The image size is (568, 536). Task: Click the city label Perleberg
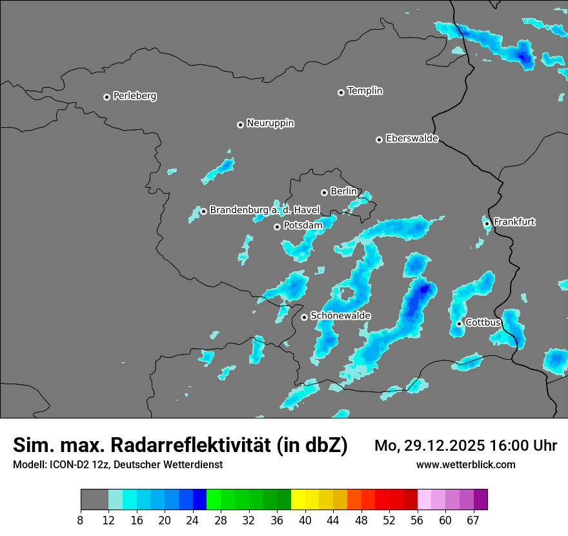(134, 96)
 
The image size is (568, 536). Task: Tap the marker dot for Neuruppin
(240, 125)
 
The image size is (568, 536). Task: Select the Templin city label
(365, 91)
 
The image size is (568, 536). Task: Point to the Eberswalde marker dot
(379, 139)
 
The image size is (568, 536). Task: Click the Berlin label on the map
(343, 192)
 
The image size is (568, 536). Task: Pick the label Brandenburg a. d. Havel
(265, 210)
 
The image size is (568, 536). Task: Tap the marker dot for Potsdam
(277, 227)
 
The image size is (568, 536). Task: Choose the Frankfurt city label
(514, 222)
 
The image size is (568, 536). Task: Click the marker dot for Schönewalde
(304, 317)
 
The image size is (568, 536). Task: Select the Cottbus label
(483, 322)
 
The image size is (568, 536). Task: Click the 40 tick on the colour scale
(305, 521)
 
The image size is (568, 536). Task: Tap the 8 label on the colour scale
(80, 521)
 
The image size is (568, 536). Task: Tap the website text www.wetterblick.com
(465, 464)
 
